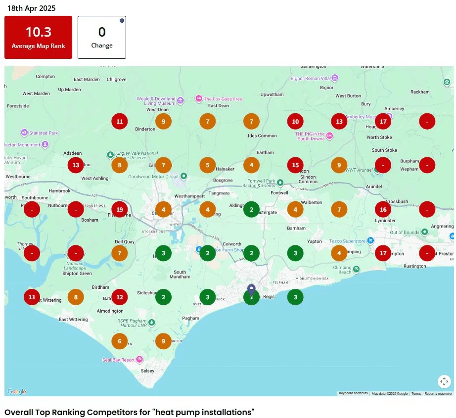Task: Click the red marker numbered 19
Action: pos(120,209)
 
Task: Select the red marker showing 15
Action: pos(295,165)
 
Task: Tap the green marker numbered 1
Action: pos(251,297)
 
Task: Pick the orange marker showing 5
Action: pos(208,165)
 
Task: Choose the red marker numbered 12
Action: pos(120,297)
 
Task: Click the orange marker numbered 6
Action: pos(120,341)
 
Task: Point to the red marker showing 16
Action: pos(383,209)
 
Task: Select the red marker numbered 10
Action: pos(295,121)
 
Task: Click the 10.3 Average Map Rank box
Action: pos(39,37)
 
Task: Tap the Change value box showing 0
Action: pos(102,37)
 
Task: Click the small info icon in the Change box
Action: pos(122,20)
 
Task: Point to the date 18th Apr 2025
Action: pos(31,8)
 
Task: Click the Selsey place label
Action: pos(147,371)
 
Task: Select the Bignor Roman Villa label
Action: pos(311,78)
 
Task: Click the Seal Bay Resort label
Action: pos(118,360)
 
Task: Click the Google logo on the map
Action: pos(17,392)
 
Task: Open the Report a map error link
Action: pos(438,394)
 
